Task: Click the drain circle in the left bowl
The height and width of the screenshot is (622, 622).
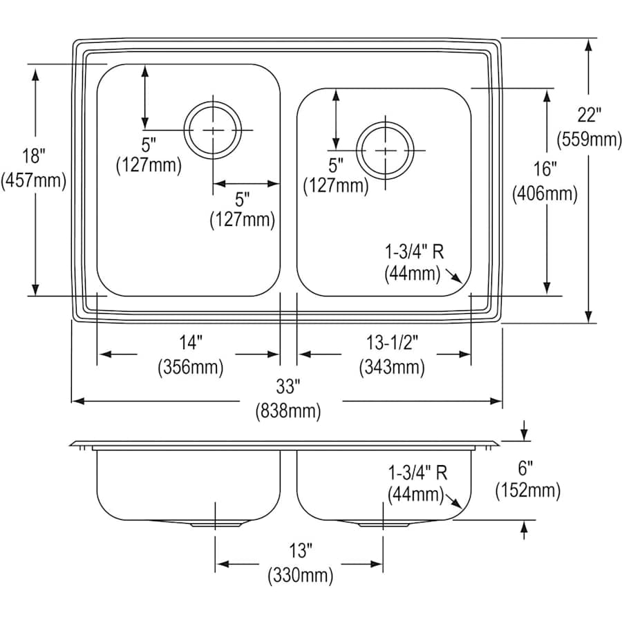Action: point(214,130)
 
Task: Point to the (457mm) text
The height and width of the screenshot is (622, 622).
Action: point(34,181)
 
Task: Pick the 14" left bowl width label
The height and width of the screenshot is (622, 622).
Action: point(190,343)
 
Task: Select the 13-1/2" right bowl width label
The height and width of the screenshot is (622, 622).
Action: point(391,343)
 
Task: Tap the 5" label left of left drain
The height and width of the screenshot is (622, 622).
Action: point(149,143)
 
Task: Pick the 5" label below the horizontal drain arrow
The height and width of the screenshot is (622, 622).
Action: point(242,200)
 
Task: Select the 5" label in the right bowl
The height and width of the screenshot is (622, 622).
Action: point(335,164)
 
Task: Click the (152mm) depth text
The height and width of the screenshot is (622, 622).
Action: point(527,491)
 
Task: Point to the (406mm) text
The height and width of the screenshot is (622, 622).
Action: point(545,194)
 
